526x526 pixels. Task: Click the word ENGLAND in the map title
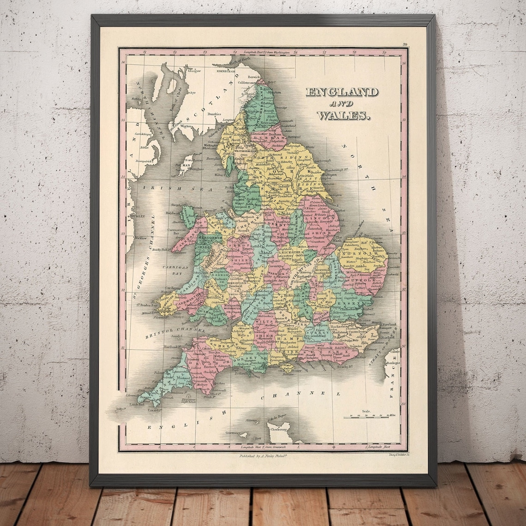tap(342, 92)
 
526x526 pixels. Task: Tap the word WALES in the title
tap(344, 115)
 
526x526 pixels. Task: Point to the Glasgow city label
tap(195, 71)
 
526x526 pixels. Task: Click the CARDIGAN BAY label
tap(170, 269)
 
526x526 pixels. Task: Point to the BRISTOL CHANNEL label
tap(175, 329)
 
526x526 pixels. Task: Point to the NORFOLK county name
tap(362, 252)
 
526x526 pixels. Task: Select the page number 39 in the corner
tap(405, 45)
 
